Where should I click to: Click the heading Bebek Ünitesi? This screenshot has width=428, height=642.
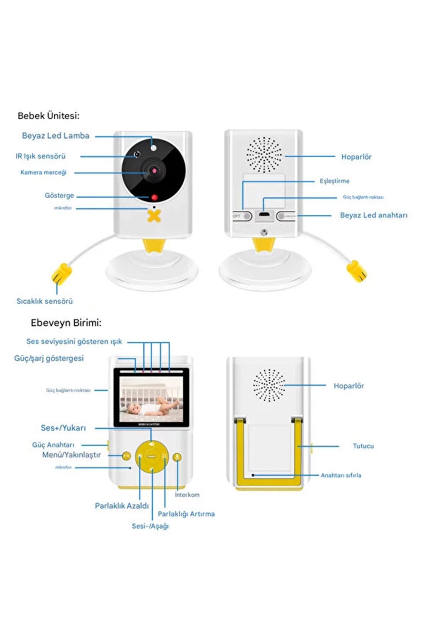click(49, 116)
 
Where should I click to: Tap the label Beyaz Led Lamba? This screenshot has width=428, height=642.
click(56, 136)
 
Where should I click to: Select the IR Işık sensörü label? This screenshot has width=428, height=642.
click(41, 156)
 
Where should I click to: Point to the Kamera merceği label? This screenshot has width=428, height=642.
click(44, 173)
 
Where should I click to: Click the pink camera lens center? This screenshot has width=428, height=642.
click(154, 171)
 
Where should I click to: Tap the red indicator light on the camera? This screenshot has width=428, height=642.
click(154, 197)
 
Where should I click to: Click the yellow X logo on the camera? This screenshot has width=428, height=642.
click(154, 216)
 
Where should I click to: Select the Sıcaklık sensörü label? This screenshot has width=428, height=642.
click(45, 301)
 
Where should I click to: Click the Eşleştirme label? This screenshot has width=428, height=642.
click(334, 181)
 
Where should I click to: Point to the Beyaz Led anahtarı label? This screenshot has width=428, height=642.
click(373, 215)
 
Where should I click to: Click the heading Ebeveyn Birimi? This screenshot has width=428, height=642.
click(66, 323)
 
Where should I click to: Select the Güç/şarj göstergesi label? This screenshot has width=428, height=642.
click(49, 358)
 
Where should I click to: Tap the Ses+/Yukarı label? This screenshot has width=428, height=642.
click(63, 428)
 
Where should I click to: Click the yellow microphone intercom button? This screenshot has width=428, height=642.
click(177, 457)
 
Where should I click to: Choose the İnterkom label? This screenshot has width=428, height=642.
click(187, 495)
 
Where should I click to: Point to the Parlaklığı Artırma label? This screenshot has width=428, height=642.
click(186, 514)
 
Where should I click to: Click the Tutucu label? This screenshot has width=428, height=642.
click(363, 446)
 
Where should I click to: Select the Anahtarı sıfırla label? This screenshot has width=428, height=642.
click(341, 475)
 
